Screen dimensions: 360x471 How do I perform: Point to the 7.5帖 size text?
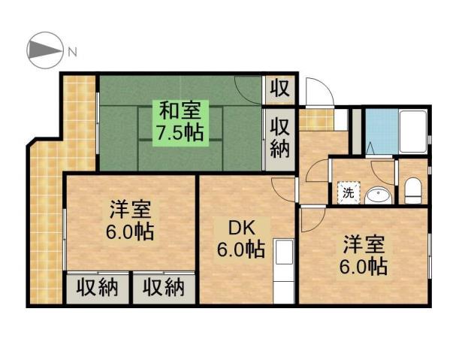pos(179,135)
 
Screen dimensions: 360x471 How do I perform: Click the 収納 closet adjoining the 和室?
pos(280,138)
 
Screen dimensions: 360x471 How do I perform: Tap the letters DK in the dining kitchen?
pos(231,227)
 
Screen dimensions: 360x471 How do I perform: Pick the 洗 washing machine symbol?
pos(349,192)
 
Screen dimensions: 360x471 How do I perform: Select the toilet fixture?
pos(412,192)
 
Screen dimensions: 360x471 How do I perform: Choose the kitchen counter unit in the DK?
pos(283,271)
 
